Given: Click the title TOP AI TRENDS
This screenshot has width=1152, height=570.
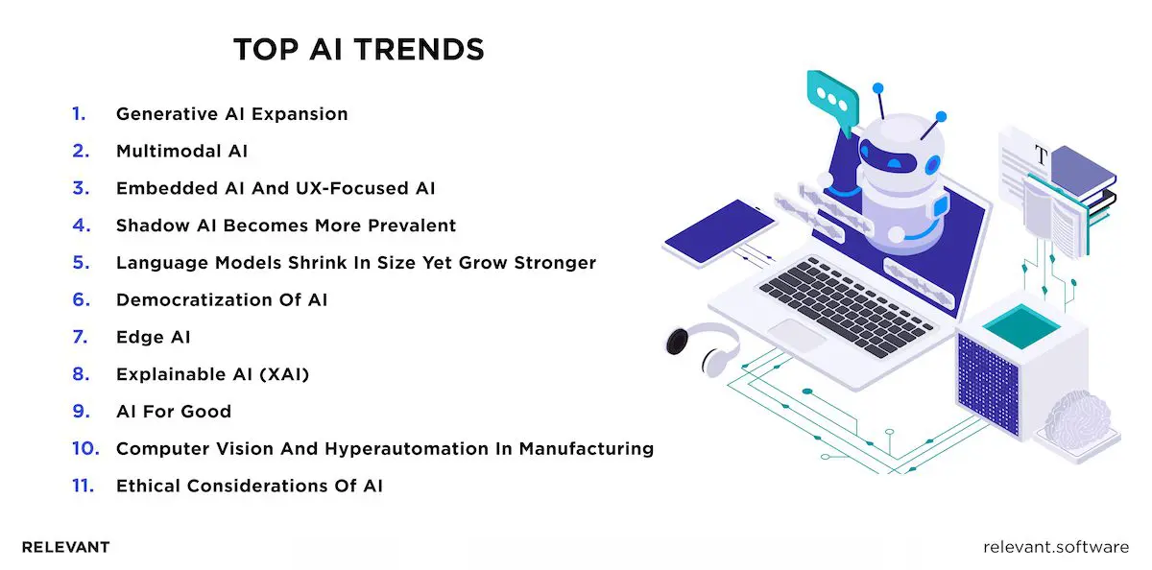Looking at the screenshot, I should click(x=359, y=50).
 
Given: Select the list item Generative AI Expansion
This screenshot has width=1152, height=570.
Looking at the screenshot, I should click(x=231, y=114).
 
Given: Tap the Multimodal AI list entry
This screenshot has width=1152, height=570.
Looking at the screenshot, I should click(x=182, y=151).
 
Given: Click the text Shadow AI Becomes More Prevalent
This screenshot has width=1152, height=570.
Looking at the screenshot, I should click(x=285, y=226).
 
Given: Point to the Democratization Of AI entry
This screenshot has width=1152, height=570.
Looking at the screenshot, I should click(x=222, y=299).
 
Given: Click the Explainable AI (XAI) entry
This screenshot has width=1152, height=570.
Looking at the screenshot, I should click(x=212, y=374).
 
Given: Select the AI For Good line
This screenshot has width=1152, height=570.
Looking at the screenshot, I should click(x=174, y=412).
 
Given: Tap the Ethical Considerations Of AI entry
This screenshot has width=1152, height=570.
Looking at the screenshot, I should click(x=249, y=486).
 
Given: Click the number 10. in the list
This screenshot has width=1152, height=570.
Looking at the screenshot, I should click(x=83, y=448).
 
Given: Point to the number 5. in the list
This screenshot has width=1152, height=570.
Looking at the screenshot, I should click(x=80, y=262).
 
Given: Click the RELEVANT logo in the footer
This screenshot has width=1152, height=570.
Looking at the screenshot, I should click(x=65, y=547).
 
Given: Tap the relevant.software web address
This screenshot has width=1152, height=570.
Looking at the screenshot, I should click(x=1056, y=547).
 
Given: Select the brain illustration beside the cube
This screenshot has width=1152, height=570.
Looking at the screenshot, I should click(x=1077, y=420).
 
